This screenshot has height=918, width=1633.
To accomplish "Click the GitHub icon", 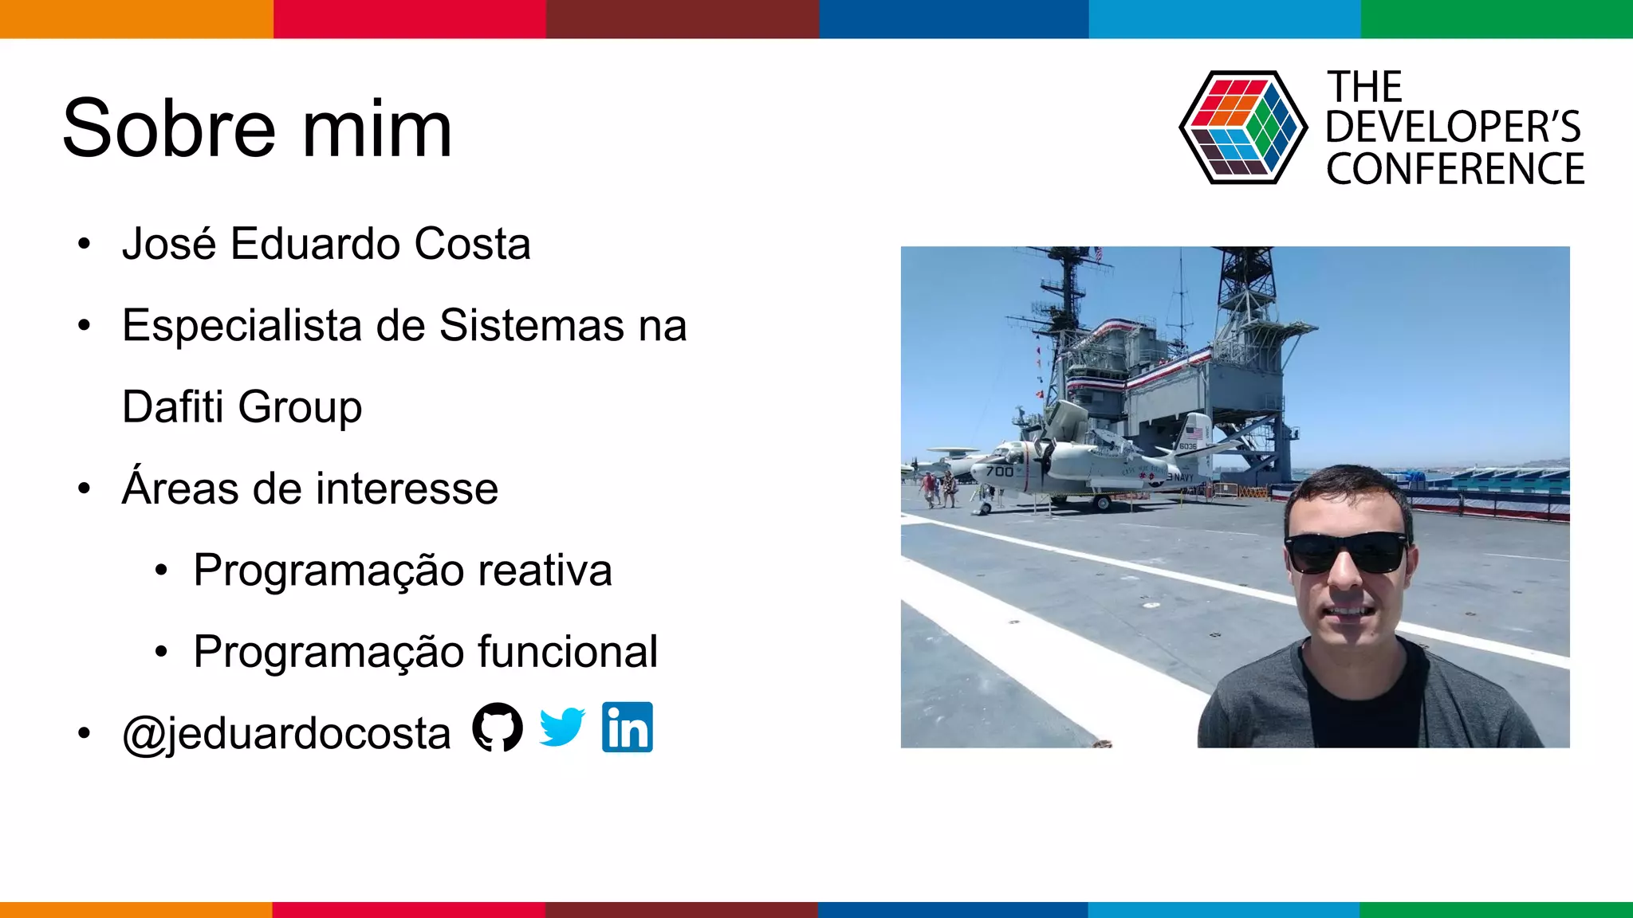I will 498,727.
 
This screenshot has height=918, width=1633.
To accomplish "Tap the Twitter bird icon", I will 562,727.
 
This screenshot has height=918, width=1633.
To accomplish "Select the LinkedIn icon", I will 628,727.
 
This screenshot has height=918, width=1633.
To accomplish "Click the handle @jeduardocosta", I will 286,733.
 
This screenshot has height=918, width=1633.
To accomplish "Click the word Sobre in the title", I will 168,128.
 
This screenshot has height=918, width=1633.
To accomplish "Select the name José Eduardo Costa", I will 326,244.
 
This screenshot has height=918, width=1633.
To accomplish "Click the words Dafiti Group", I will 242,407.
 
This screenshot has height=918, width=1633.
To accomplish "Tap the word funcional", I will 568,652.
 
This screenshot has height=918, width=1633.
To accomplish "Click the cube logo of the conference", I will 1242,127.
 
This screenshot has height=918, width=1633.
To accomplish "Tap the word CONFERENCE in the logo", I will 1455,169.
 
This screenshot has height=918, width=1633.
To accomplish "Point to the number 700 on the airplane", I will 1000,472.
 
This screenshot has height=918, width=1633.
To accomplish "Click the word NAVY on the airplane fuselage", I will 1182,477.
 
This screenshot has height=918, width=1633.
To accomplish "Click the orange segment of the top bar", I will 136,18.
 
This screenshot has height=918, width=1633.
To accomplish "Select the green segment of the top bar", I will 1497,18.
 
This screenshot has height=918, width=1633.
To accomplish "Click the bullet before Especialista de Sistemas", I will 85,325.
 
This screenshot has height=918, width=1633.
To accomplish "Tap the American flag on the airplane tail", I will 1193,433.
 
